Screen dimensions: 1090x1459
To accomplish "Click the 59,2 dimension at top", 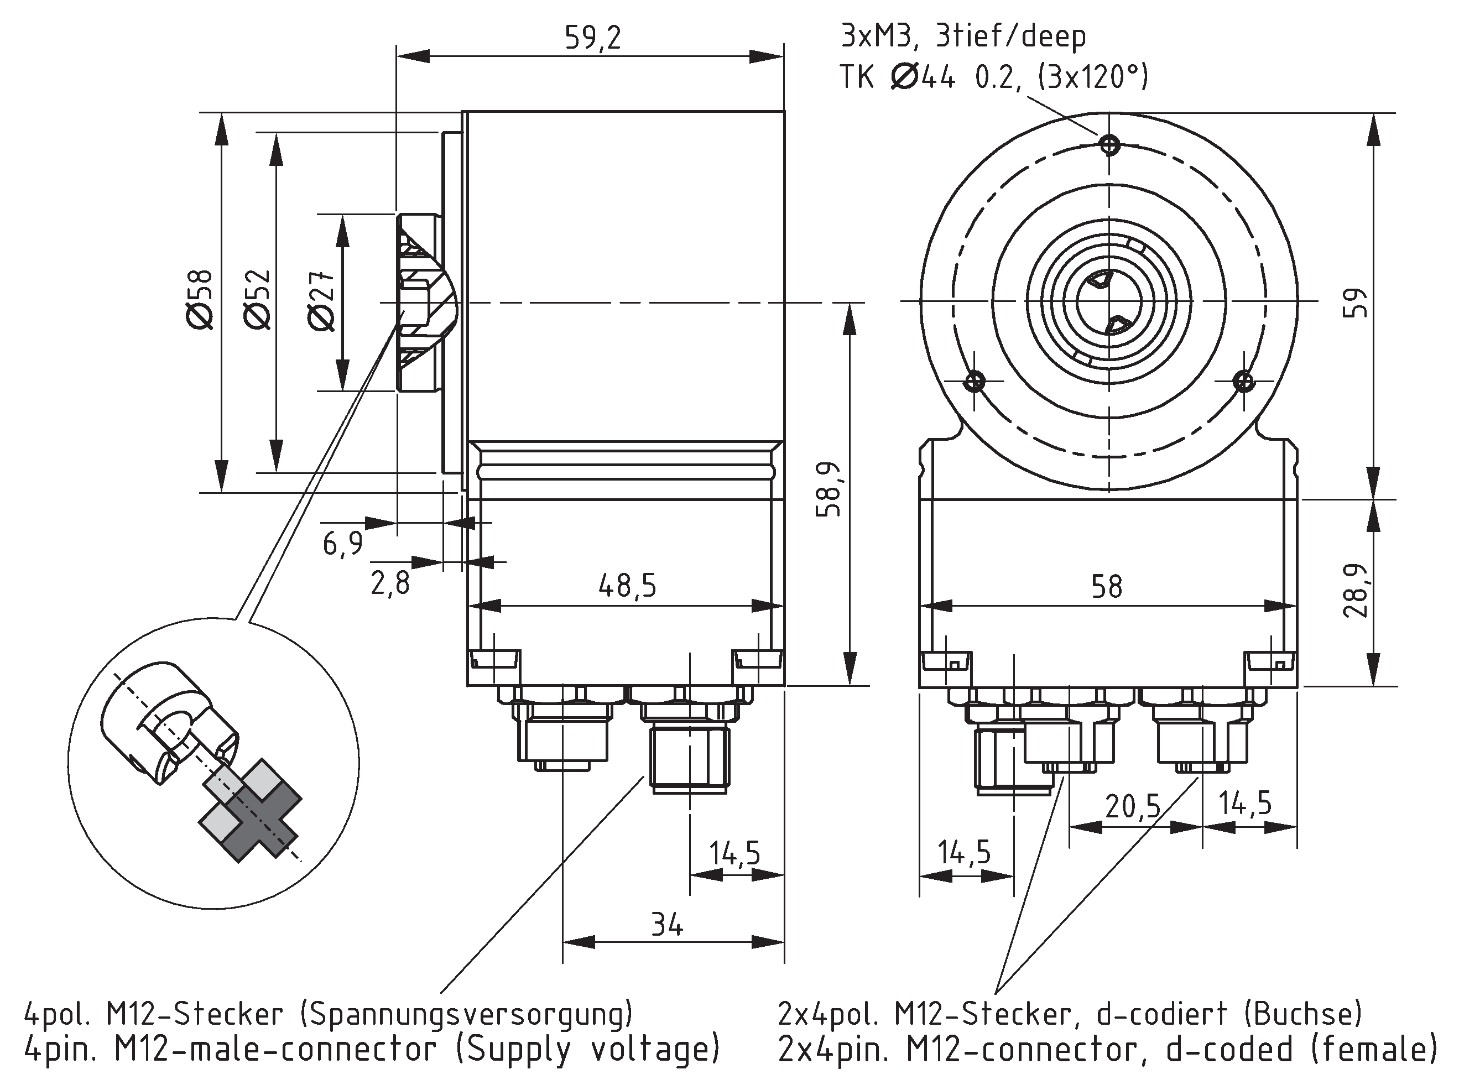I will pos(592,38).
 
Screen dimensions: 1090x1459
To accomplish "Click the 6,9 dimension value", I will pos(342,544).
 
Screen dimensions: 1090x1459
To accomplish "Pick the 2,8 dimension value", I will pos(390,583).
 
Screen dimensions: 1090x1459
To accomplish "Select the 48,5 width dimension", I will pos(627,585).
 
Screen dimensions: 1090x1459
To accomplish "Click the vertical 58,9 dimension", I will pos(829,489).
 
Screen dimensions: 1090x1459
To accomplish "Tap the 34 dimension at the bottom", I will pos(667,925).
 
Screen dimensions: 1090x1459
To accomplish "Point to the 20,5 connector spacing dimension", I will pos(1133,806).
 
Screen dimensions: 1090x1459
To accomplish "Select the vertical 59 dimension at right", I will pos(1356,302).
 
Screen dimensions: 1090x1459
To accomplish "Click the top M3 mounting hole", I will pos(1109,144).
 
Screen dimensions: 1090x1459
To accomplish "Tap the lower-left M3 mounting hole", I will pos(975,381).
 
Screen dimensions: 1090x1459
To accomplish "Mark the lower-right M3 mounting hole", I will pos(1244,380).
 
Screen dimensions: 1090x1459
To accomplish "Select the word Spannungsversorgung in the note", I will pos(466,1014).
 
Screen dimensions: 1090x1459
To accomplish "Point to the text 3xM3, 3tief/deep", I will pos(963,36).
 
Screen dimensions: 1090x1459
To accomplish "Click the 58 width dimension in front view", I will pos(1106,586).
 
